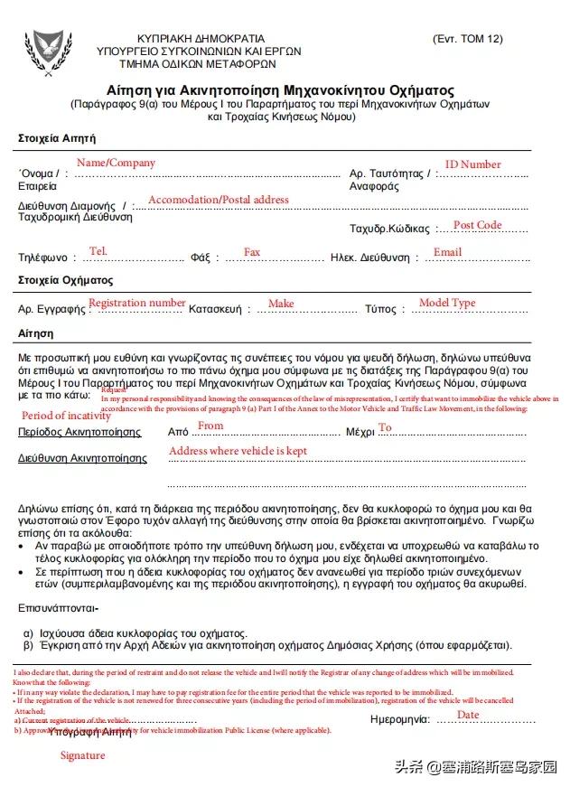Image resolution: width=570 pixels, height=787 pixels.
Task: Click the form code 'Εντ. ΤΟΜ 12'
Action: click(467, 39)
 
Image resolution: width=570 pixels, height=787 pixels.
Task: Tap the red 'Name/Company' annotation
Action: click(116, 163)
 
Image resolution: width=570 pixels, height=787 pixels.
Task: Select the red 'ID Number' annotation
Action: click(472, 164)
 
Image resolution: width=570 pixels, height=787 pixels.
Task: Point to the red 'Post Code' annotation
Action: click(477, 225)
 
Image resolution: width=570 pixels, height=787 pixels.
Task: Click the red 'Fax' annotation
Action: click(252, 252)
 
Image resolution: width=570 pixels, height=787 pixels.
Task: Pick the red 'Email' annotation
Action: click(447, 252)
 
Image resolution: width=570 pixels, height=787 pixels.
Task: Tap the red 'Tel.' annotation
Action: click(98, 250)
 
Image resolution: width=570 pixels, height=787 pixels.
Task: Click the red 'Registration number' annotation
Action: click(136, 303)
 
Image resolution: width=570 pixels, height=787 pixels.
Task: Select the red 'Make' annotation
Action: click(281, 304)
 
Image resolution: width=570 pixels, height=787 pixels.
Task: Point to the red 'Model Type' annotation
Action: click(447, 303)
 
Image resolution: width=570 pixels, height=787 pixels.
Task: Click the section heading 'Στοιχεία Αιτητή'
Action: click(57, 138)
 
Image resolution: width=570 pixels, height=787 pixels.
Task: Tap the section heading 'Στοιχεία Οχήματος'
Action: click(66, 280)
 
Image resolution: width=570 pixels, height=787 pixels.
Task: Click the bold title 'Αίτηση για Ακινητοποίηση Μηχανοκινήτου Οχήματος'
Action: click(280, 91)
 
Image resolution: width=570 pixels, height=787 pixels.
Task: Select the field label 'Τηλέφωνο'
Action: click(42, 258)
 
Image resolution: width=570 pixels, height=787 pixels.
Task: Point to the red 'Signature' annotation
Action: click(82, 755)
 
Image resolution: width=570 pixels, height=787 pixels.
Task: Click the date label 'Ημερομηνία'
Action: click(399, 720)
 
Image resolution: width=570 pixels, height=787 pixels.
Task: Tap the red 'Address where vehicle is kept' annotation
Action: click(238, 451)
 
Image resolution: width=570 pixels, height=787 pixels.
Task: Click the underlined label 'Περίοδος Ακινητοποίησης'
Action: click(80, 432)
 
